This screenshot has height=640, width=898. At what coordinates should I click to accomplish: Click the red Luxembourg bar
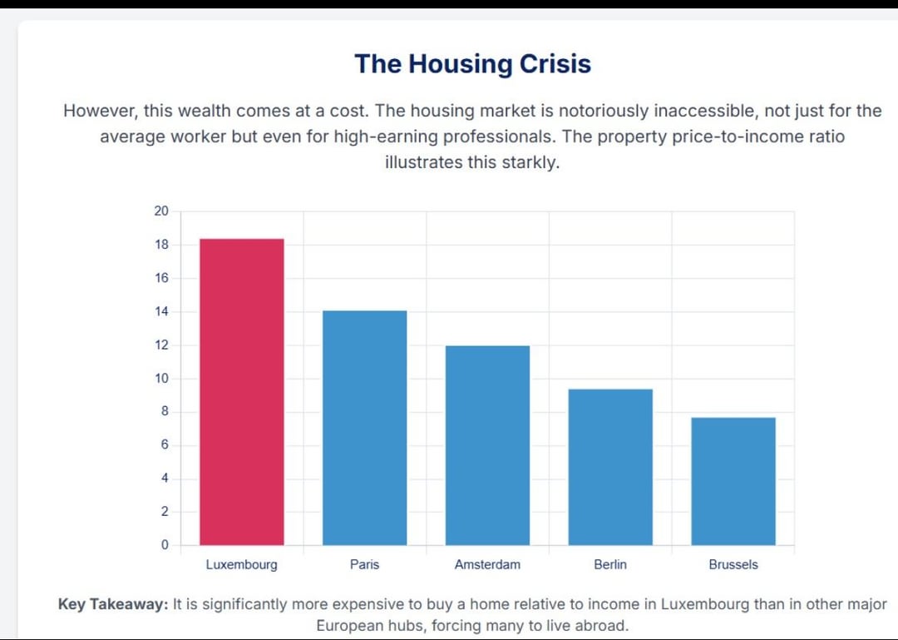coord(242,391)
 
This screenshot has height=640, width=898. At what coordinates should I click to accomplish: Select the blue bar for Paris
coord(364,428)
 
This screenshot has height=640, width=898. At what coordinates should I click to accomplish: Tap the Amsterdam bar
coord(487,445)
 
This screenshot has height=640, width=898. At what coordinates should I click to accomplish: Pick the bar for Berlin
coord(610,467)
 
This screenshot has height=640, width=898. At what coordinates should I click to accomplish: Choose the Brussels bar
coord(733,481)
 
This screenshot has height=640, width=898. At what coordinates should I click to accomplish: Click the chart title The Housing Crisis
coord(472,64)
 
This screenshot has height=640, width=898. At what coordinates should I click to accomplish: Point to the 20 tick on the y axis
coord(161,211)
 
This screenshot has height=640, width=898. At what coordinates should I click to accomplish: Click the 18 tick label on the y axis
coord(161,245)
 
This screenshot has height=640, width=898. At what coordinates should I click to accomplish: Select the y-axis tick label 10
coord(161,378)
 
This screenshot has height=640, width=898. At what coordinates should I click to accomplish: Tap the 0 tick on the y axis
coord(164,545)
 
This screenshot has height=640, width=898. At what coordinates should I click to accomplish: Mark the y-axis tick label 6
coord(164,445)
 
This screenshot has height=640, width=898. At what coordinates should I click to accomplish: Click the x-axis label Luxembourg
coord(242,564)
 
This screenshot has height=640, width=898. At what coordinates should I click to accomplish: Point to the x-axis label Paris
coord(364,564)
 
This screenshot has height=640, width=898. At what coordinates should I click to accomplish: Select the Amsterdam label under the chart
coord(487,564)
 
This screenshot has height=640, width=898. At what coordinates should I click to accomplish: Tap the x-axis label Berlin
coord(610,564)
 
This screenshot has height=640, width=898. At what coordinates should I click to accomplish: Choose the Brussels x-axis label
coord(733,564)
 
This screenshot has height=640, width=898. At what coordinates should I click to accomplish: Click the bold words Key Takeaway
coord(113,604)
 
